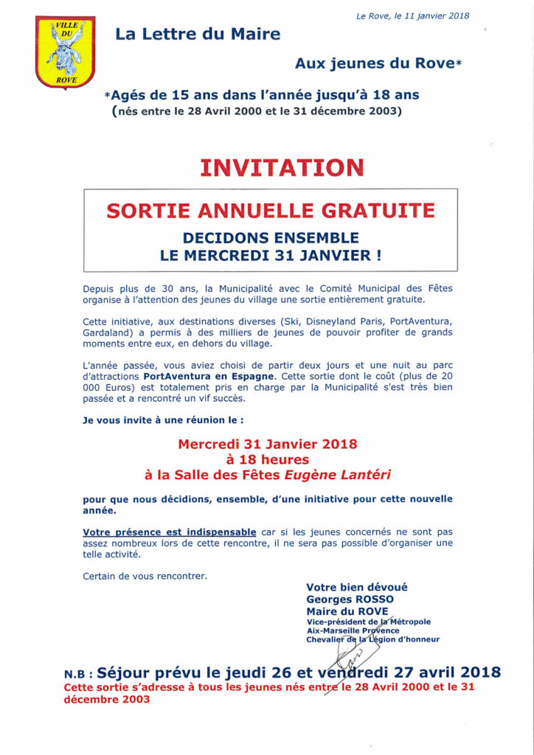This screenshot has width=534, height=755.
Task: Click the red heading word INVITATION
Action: [282, 167]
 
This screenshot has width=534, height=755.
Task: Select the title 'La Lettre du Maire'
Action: [197, 34]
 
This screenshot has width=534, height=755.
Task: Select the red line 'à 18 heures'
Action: [267, 459]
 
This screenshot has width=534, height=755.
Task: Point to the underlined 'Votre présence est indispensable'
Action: [170, 532]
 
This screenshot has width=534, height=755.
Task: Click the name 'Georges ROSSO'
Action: [350, 599]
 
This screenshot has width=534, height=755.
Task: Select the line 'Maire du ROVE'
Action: [343, 611]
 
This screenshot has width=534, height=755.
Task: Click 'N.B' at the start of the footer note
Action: [77, 674]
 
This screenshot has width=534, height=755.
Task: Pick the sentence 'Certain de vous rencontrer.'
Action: [145, 576]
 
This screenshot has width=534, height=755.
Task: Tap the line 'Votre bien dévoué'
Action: [356, 588]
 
